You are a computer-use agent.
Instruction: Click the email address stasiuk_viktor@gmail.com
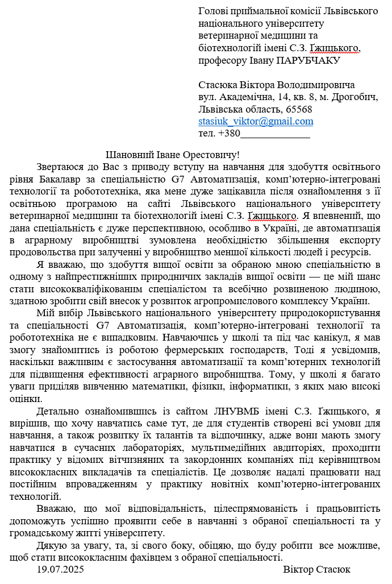pyautogui.click(x=256, y=121)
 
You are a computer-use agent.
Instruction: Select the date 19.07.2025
pyautogui.click(x=60, y=569)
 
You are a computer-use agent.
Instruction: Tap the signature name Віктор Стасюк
pyautogui.click(x=316, y=569)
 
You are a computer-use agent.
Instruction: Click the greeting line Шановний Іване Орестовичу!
pyautogui.click(x=173, y=155)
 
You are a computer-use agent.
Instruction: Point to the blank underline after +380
pyautogui.click(x=275, y=135)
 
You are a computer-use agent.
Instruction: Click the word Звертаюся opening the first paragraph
pyautogui.click(x=61, y=167)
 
